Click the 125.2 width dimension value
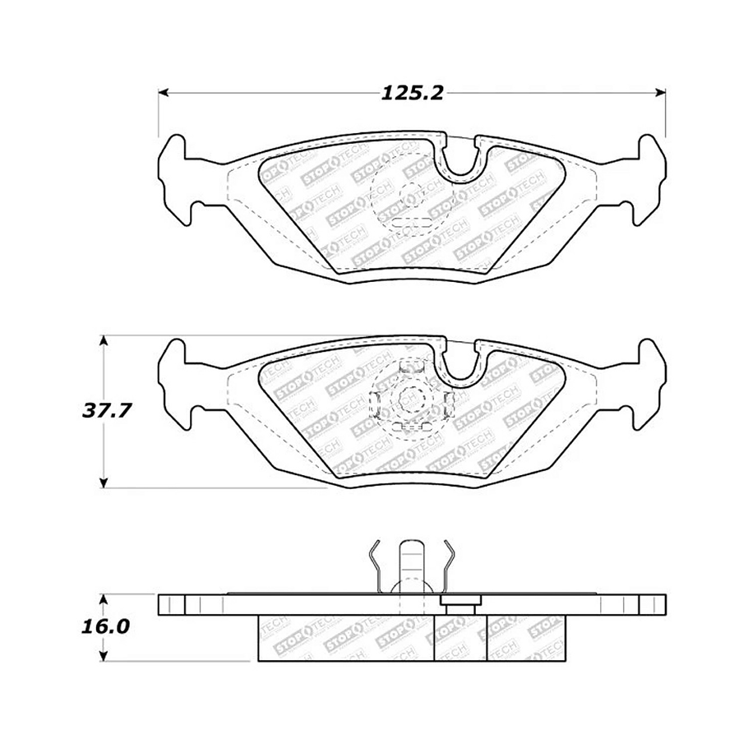pos(411,93)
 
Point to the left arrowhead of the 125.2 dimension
pos(163,92)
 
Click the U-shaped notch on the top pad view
pos(464,160)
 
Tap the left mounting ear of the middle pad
pos(177,380)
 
